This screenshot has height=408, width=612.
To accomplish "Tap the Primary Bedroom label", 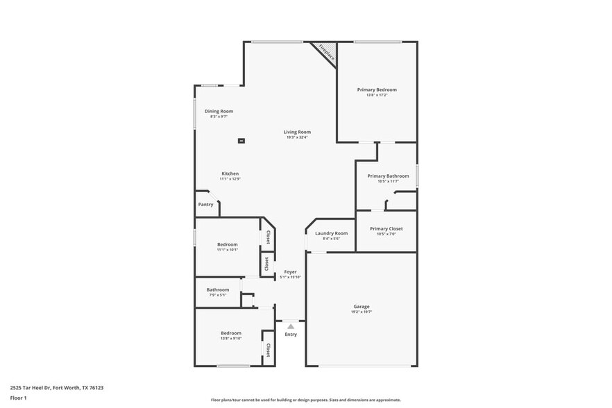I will tap(377, 90).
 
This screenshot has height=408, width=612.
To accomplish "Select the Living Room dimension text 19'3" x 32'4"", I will tap(297, 137).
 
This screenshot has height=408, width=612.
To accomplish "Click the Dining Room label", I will tap(219, 111).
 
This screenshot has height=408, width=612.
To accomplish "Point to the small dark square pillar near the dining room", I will tap(241, 141).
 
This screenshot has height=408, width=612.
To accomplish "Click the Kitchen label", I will tap(230, 173).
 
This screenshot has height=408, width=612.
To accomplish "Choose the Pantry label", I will tap(205, 205).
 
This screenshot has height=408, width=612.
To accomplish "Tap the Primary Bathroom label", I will tap(388, 176).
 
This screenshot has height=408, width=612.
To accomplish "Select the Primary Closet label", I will tap(386, 228).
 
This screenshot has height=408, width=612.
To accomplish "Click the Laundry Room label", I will tap(331, 233).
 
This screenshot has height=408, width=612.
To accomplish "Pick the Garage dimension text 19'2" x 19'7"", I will tap(362, 312).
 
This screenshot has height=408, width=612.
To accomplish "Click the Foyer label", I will tap(290, 272).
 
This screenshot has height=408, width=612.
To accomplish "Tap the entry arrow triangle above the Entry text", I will tap(291, 326).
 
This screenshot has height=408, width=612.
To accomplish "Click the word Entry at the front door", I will tap(291, 334).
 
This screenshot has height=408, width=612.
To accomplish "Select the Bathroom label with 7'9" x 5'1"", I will tap(218, 289).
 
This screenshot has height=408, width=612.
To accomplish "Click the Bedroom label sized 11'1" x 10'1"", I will tap(228, 244).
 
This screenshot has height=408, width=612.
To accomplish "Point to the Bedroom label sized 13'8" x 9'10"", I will tap(231, 333).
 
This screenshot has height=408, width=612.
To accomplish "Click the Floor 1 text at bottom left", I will tap(18, 398).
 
